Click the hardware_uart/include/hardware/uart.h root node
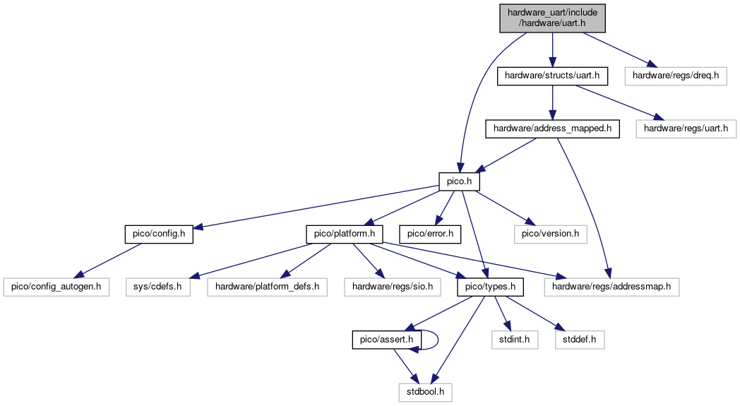[552, 18]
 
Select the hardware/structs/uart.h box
[552, 76]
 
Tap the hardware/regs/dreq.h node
[676, 76]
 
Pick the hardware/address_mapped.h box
[552, 129]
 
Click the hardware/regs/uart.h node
[686, 129]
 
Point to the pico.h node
[459, 181]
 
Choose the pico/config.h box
[159, 234]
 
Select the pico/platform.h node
[345, 234]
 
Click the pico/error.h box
[430, 234]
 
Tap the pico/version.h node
[550, 234]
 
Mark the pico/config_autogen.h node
[56, 287]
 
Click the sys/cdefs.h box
[157, 287]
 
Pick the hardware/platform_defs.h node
[267, 287]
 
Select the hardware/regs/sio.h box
[393, 287]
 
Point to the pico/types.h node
[490, 287]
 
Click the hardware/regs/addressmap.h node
[611, 287]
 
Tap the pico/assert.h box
[386, 340]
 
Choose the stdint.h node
[515, 340]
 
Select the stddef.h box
[580, 340]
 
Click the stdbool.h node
[425, 393]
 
